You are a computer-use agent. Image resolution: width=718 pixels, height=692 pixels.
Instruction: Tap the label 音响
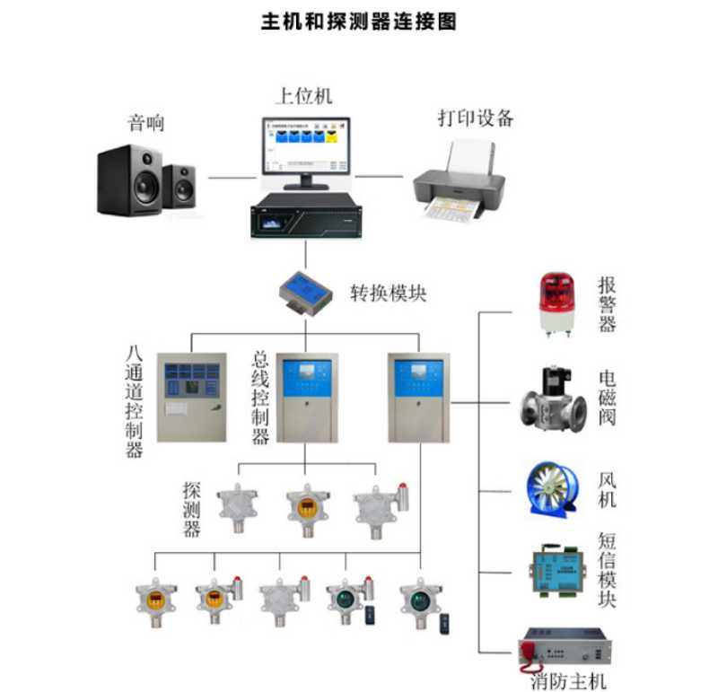pos(146,123)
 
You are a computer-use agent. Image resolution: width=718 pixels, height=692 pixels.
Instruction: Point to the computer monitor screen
pos(304,149)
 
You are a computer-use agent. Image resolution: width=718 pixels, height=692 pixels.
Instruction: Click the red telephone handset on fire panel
pos(529,648)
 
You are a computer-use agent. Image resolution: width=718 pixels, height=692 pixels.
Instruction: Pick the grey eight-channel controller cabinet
pos(190,397)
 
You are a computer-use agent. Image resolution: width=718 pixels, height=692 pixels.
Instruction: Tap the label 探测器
pos(191,509)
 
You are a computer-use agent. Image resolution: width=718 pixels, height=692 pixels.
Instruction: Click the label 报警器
pos(608,304)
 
